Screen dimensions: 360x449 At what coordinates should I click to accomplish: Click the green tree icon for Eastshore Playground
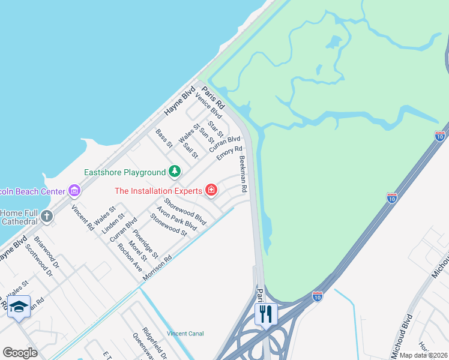point(174,172)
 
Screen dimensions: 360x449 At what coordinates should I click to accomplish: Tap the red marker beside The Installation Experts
point(211,191)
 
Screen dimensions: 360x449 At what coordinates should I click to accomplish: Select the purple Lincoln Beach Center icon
point(74,191)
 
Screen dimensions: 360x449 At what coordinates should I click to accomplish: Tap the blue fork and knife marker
point(265,313)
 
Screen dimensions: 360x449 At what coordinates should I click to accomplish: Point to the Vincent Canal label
point(185,334)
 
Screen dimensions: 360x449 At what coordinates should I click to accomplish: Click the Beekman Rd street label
point(243,174)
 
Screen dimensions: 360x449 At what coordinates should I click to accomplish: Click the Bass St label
point(164,139)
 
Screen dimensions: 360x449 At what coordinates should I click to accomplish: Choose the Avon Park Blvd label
point(176,219)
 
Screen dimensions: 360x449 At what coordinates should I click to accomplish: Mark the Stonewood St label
point(169,224)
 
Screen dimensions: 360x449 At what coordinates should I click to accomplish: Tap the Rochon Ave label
point(130,256)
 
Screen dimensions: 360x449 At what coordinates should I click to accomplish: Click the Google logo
point(20,353)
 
